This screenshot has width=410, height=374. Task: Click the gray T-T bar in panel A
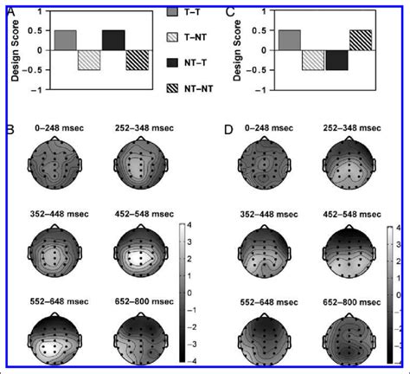[x=65, y=40]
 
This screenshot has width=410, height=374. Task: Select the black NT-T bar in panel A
[x=112, y=40]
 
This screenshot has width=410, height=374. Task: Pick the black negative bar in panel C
[x=336, y=60]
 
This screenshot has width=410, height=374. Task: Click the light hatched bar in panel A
[x=89, y=60]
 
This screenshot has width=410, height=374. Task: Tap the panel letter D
[x=229, y=131]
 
